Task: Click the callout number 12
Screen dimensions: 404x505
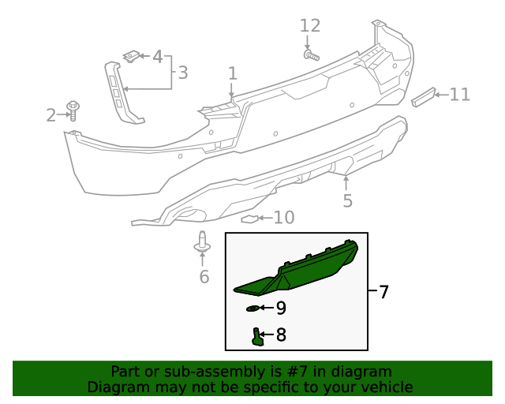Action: [x=310, y=25]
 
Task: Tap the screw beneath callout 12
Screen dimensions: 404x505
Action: [x=310, y=55]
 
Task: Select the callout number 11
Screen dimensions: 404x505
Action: [x=459, y=95]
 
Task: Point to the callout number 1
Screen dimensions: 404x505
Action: [x=233, y=74]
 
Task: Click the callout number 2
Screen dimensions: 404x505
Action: [x=51, y=116]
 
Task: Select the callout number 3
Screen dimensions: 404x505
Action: [x=182, y=73]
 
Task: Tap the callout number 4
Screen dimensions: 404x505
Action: [x=157, y=57]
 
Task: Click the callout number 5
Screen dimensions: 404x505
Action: [x=347, y=201]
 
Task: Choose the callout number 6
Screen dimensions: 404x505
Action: [x=204, y=276]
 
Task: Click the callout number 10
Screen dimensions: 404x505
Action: [x=283, y=217]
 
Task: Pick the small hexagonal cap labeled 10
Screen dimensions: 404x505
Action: [x=249, y=219]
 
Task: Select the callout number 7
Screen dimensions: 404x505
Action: [x=383, y=293]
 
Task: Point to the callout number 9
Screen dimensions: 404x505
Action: [x=281, y=309]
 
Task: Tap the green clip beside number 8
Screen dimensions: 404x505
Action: [x=257, y=337]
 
